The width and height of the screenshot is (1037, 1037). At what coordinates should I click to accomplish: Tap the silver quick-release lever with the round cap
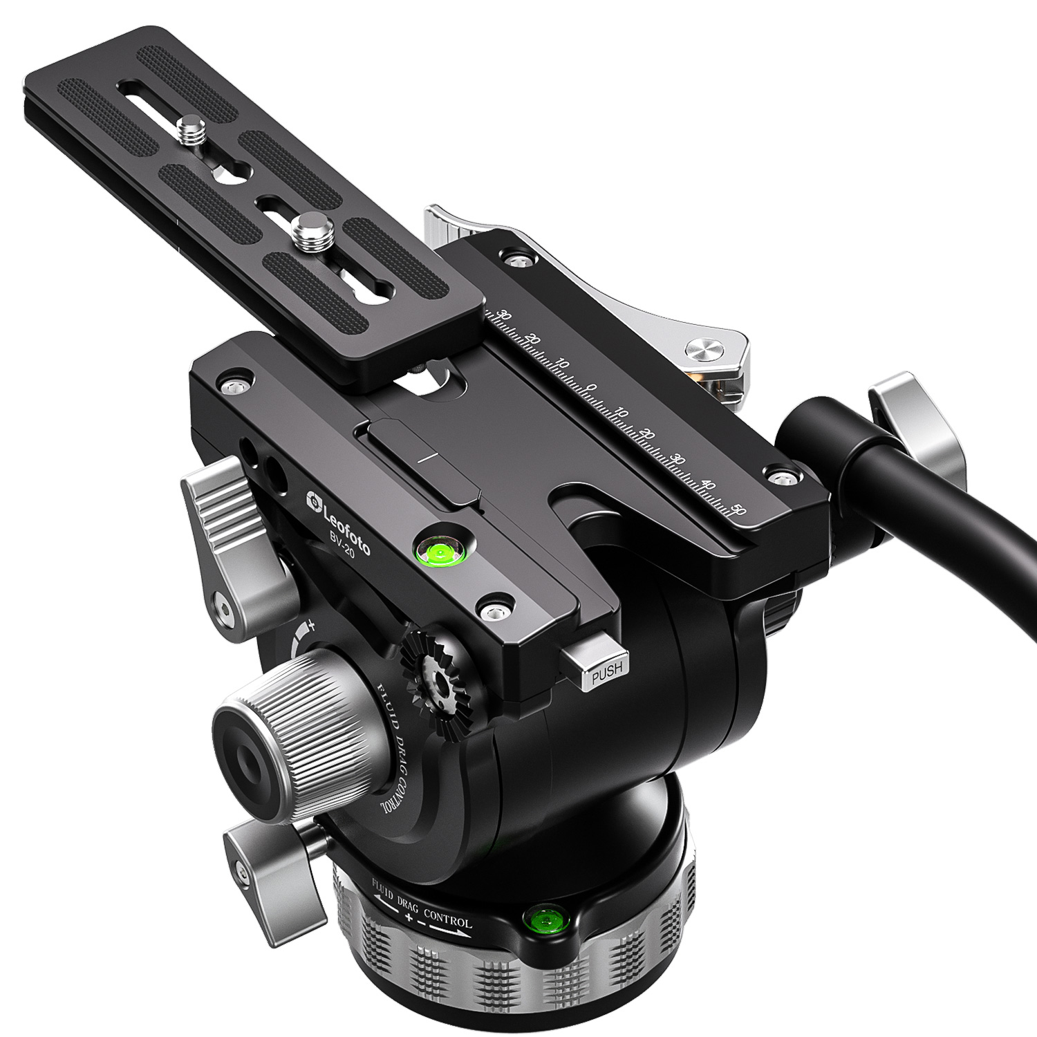[712, 351]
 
